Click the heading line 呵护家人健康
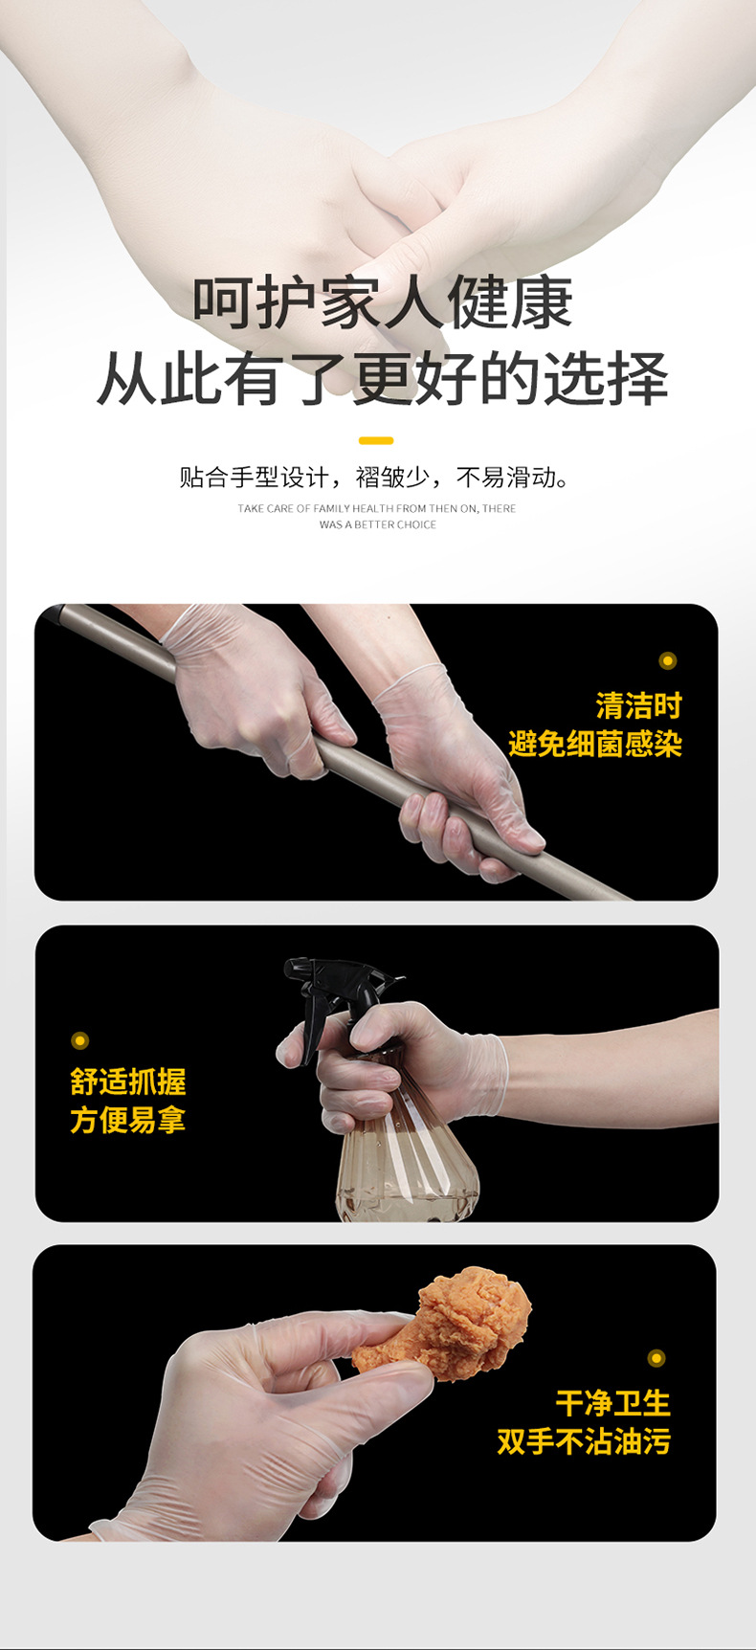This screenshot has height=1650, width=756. (x=383, y=302)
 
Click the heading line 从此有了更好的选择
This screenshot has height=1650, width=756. (x=383, y=378)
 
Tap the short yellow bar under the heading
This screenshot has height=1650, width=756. (x=376, y=440)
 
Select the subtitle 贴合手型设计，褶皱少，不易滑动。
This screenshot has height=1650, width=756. (x=376, y=477)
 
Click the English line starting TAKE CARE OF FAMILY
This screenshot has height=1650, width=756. (x=377, y=508)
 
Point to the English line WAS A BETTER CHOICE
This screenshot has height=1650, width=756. (x=377, y=524)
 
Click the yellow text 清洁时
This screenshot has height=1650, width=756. (x=638, y=706)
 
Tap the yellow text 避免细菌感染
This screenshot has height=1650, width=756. (x=595, y=744)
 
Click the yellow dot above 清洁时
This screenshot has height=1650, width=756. (x=668, y=660)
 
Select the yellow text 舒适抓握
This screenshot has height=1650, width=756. (x=128, y=1081)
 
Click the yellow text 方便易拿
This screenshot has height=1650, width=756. (x=128, y=1120)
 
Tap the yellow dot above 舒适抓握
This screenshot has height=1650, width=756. (x=80, y=1040)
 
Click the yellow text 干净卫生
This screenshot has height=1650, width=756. (x=612, y=1403)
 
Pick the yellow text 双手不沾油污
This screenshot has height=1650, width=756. (x=584, y=1441)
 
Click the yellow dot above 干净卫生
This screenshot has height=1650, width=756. (x=656, y=1357)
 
